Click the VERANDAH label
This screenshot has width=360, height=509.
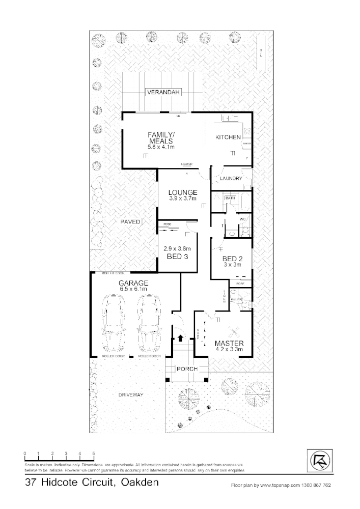tap(163, 93)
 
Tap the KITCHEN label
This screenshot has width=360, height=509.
tap(228, 137)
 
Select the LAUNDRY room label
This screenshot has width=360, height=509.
tap(230, 179)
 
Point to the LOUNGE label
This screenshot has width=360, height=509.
tap(182, 192)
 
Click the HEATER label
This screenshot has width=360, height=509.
tap(186, 164)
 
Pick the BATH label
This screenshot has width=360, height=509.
tap(230, 197)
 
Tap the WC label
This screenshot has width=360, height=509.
tap(243, 219)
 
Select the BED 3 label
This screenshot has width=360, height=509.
tap(174, 257)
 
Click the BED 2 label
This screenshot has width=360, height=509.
tap(232, 259)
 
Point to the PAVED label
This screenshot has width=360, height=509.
tap(130, 222)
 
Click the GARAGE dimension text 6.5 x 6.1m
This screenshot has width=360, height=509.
tap(133, 289)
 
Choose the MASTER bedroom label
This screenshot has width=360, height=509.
tap(228, 343)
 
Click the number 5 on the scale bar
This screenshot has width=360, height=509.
tap(94, 452)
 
